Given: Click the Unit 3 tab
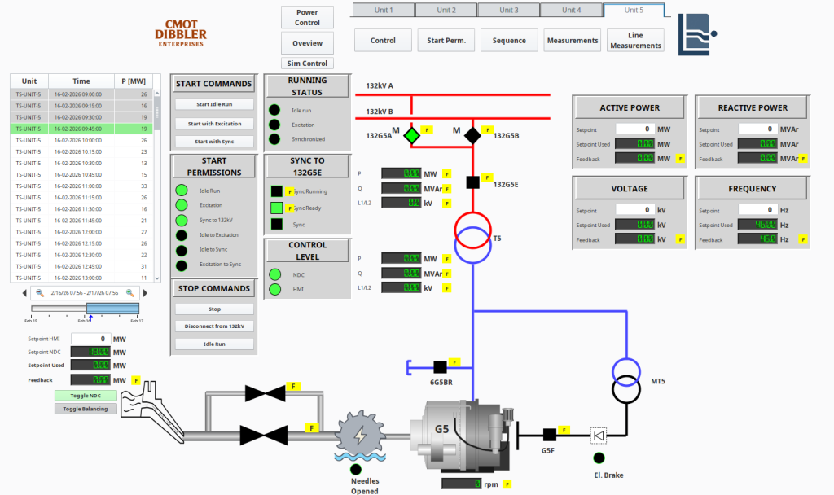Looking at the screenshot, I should point(509,11).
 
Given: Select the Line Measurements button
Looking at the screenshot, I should point(634,41).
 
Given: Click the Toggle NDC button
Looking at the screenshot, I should point(86,396).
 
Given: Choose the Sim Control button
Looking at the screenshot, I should point(307,64).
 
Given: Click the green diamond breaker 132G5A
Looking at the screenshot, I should point(412,134).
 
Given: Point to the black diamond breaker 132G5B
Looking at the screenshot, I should point(472,134).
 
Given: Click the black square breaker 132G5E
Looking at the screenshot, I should point(472,182).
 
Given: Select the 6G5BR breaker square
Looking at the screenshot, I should point(440,366).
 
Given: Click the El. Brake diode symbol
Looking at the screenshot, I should point(599,436).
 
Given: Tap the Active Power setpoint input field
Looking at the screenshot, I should point(635,129).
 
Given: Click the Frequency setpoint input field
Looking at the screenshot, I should point(757,210).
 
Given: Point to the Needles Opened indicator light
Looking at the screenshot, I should point(355,469).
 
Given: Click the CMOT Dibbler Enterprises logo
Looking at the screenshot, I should point(181,33).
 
